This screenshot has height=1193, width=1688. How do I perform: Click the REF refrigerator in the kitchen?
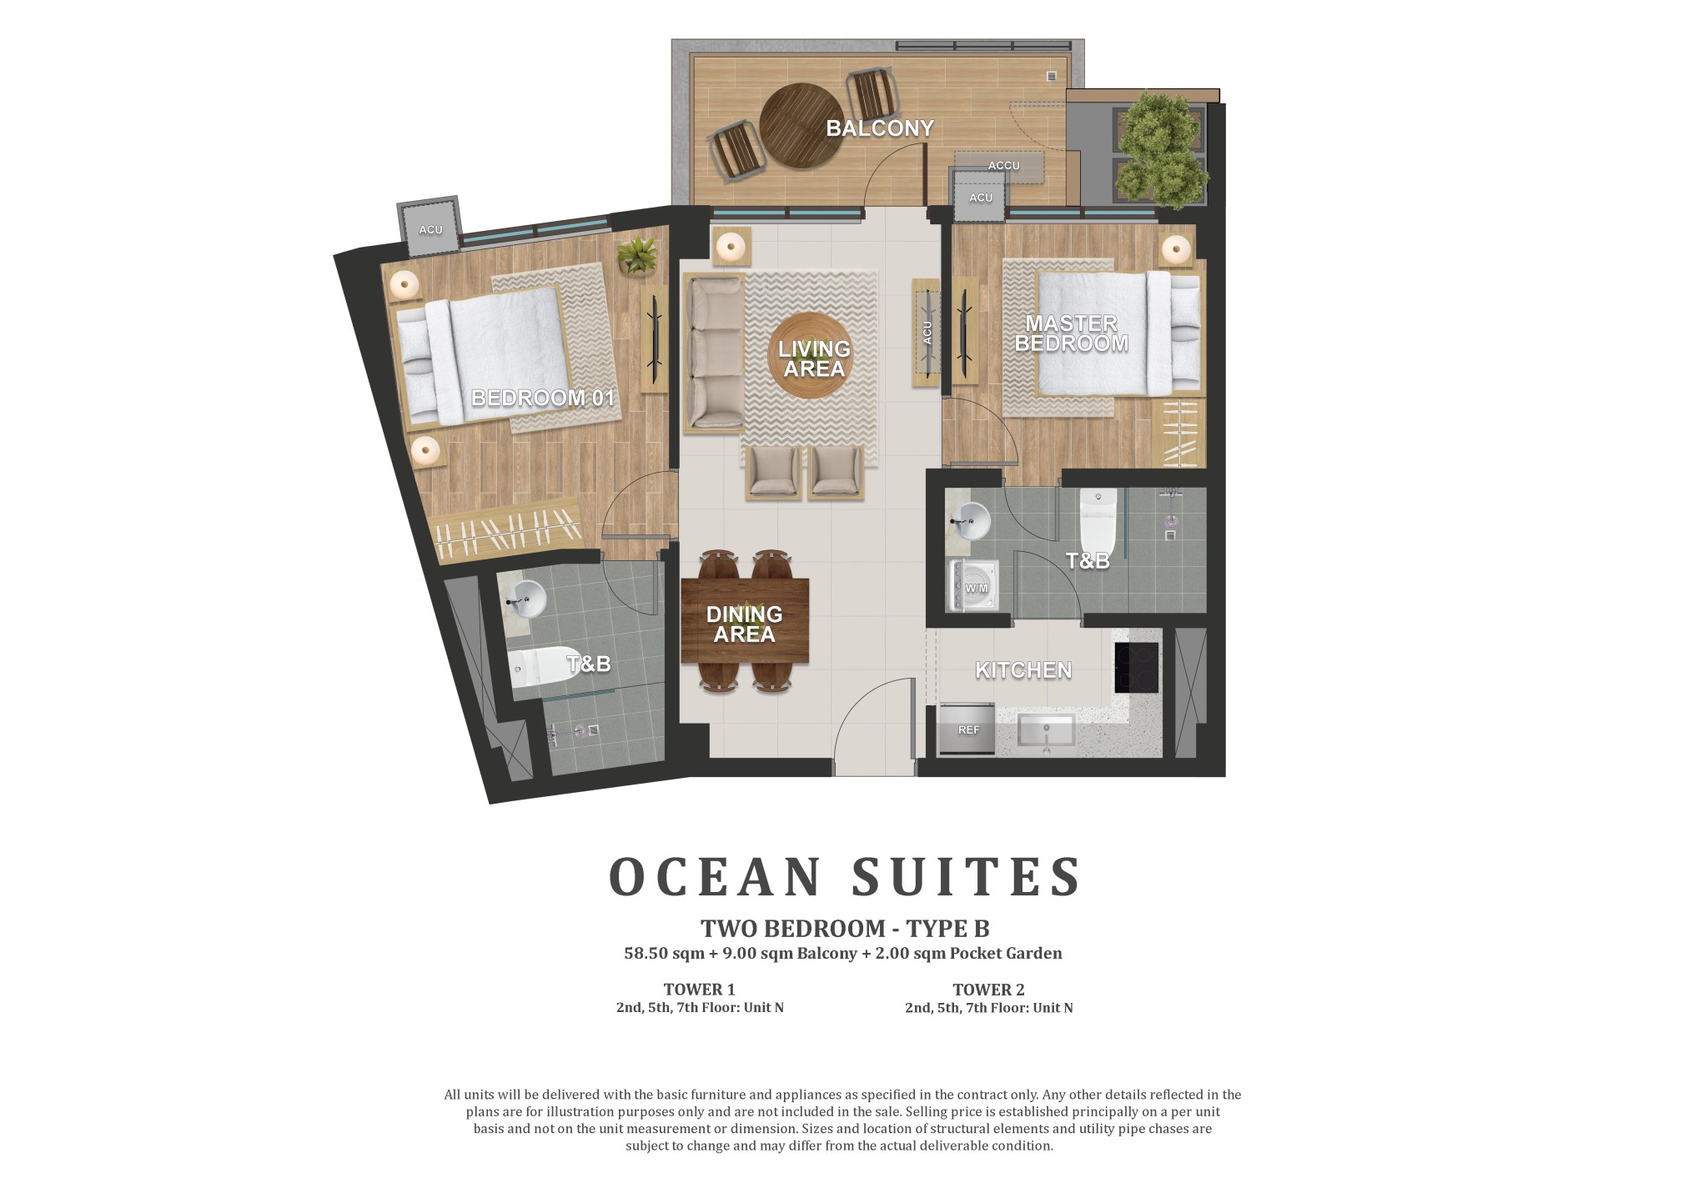tap(967, 729)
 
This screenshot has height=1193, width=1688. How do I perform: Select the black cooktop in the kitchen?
tap(1137, 669)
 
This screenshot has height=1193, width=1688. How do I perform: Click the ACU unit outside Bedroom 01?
tap(430, 228)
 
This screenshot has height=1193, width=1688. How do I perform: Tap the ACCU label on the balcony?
tap(1003, 166)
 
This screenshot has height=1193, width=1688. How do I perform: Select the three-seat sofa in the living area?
tap(714, 353)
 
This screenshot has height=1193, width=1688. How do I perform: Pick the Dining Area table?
tap(745, 620)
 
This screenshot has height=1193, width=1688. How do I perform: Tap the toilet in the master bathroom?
tap(1098, 516)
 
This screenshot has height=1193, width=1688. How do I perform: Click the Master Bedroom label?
tap(1071, 333)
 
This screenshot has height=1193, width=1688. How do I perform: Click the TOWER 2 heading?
tap(988, 990)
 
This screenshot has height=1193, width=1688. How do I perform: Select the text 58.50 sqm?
tap(665, 953)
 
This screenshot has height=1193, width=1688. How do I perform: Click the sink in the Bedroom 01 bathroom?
tap(525, 597)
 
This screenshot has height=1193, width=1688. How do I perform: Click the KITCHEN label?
tap(1023, 670)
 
